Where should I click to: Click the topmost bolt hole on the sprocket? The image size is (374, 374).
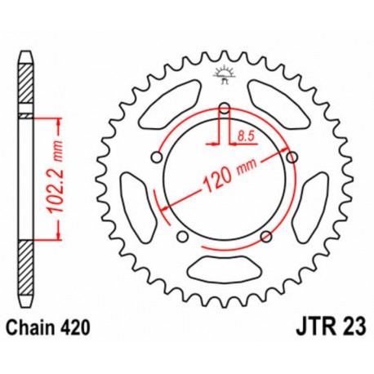coord(224,106)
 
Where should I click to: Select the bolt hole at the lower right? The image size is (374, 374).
coord(266,237)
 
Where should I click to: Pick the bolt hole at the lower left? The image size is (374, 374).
coord(182,237)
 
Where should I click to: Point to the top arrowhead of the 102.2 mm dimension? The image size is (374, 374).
coord(59,122)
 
